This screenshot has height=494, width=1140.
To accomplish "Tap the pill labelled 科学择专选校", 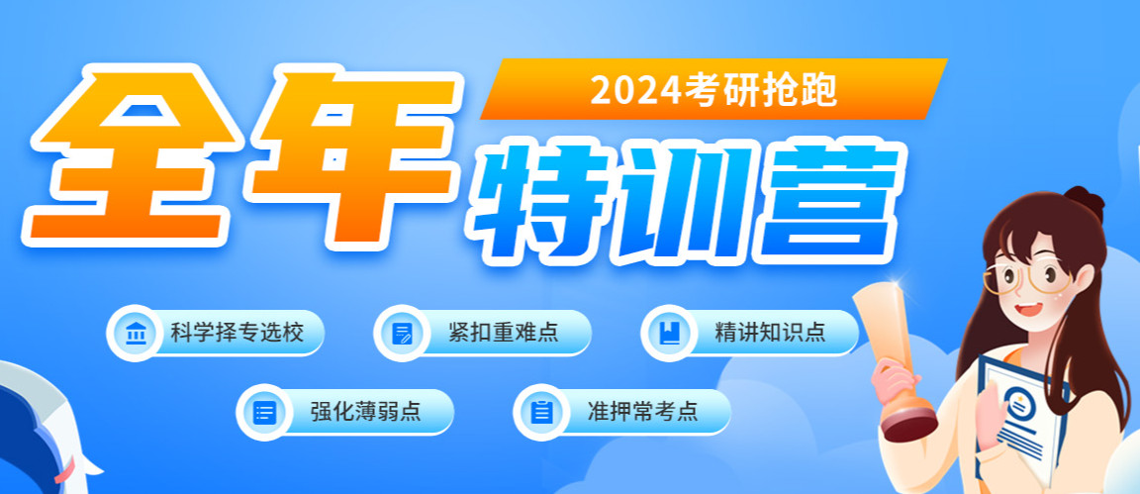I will [x=216, y=332].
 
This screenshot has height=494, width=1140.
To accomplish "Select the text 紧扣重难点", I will [x=502, y=332].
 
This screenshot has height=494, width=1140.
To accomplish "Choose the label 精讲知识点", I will [x=769, y=332].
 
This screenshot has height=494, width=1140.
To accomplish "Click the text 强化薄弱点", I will [x=365, y=411].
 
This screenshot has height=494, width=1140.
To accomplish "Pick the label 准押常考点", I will [x=640, y=411].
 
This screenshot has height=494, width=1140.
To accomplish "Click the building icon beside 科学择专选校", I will [x=133, y=333].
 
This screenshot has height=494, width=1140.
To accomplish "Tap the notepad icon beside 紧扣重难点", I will [x=402, y=333].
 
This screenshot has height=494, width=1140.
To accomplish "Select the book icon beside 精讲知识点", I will [x=669, y=333].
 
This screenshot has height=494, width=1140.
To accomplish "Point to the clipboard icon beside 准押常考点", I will [x=540, y=412].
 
